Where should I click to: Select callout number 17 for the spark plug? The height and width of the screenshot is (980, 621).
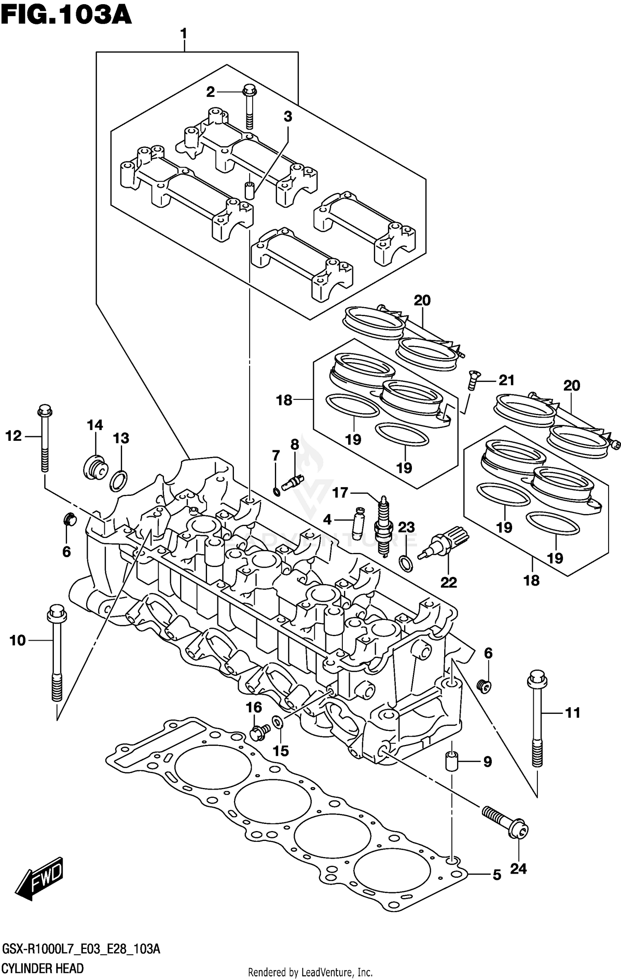point(340,492)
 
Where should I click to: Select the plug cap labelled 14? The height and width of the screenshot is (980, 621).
point(95,469)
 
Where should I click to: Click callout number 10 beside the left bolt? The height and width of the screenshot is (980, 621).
point(17,640)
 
